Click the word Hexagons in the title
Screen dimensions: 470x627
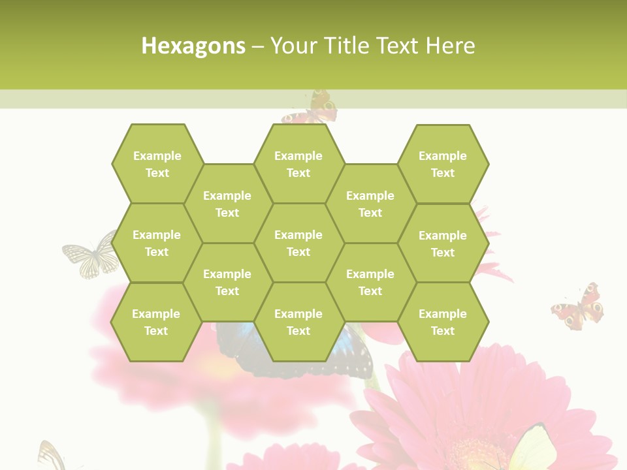(193, 46)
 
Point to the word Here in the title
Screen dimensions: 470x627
(450, 46)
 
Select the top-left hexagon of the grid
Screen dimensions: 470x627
(157, 164)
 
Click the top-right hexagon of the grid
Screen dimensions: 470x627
(443, 164)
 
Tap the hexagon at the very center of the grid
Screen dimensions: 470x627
(298, 243)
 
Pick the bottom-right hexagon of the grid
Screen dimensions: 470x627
(443, 322)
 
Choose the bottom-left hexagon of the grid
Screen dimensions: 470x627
(156, 322)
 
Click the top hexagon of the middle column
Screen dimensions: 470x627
(298, 164)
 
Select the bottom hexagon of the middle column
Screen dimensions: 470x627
(298, 322)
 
